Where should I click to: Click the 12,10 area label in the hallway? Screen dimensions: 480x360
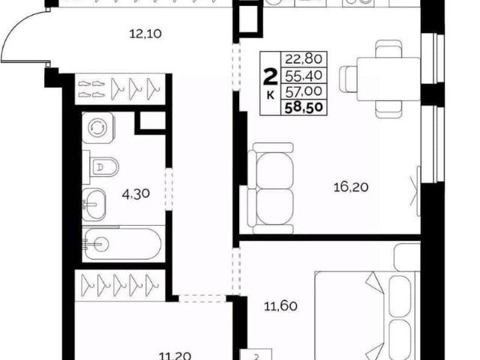click(145, 34)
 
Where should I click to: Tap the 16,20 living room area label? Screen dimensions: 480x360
click(351, 187)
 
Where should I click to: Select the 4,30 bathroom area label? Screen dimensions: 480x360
click(136, 193)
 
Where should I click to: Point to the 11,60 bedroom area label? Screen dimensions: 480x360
click(280, 306)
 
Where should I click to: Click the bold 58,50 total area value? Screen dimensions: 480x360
click(304, 108)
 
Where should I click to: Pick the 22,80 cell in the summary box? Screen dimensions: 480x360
click(304, 58)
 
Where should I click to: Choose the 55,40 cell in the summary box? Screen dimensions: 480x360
click(304, 75)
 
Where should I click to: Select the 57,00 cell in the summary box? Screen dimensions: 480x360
click(304, 91)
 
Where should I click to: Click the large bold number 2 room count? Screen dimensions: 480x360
click(270, 76)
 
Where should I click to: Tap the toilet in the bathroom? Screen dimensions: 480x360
click(100, 167)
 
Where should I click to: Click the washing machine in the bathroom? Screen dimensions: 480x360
click(97, 127)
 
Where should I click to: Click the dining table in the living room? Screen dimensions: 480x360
click(388, 79)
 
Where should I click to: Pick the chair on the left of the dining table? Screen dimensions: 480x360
click(348, 79)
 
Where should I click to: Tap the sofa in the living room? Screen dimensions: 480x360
click(270, 188)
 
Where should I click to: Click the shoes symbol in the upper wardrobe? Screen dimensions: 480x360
click(91, 88)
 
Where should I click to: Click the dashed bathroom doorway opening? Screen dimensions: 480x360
click(169, 189)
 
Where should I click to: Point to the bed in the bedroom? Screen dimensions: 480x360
click(367, 315)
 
